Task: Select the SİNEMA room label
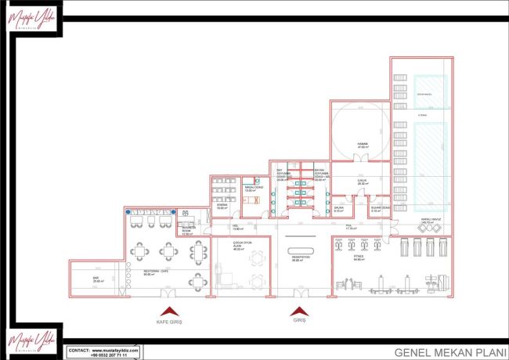[222, 207]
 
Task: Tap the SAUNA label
[339, 210]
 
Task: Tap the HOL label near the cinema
[236, 228]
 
